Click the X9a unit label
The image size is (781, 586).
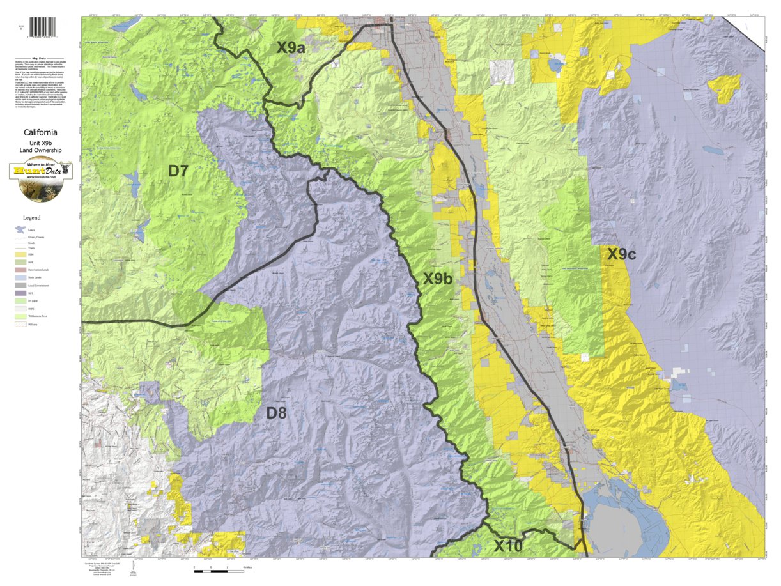coord(290,47)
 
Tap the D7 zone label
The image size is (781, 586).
coord(178,171)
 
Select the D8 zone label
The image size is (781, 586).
coord(276,413)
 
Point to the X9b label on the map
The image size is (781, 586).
coord(438,279)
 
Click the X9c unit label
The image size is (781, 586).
coord(621,254)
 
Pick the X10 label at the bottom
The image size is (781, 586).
coord(507,546)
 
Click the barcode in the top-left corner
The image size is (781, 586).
coord(42,26)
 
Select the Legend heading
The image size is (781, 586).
coord(32,218)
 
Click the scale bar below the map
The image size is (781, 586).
coord(218,566)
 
